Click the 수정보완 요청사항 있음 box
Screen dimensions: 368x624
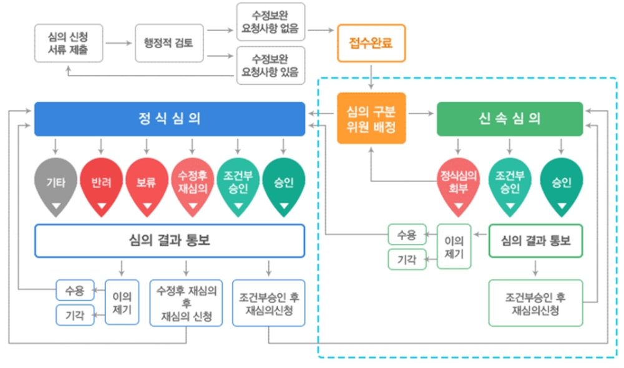270,65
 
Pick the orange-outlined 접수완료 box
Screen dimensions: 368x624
371,43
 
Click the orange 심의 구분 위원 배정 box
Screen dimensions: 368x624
371,119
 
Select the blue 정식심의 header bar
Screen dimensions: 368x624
169,119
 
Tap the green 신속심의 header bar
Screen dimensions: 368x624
510,119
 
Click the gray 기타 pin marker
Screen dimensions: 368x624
57,185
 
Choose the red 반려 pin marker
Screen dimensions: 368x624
101,185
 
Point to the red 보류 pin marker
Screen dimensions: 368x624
146,185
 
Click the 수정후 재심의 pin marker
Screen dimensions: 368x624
192,185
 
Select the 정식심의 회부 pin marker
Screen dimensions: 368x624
458,185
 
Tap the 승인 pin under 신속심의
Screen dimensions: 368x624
560,185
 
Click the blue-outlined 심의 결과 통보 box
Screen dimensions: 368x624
169,241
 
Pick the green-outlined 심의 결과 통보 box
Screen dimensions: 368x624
536,241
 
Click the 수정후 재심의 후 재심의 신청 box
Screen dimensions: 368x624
187,303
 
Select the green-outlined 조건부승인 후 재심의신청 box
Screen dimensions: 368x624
535,303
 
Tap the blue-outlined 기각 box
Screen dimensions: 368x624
74,315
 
